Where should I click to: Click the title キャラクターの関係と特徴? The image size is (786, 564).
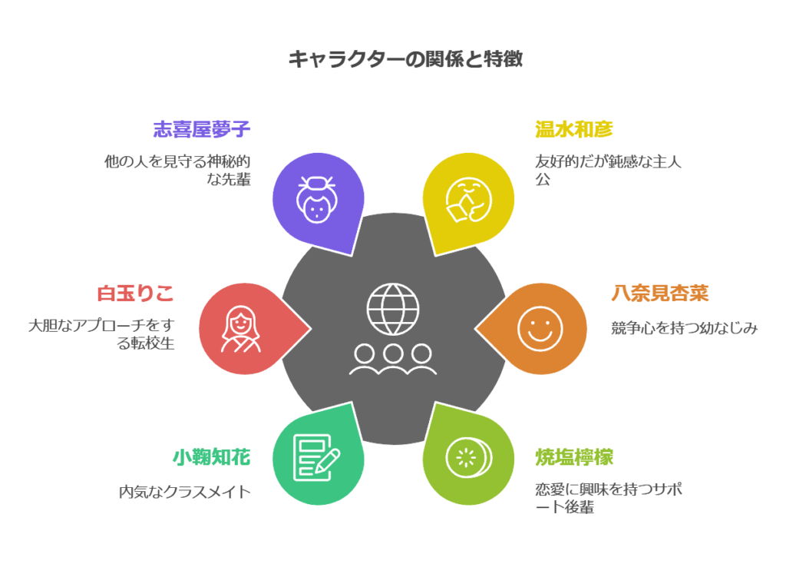coord(405,59)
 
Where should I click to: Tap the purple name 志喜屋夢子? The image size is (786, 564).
coord(202,129)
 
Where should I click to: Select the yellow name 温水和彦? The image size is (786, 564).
coord(574,129)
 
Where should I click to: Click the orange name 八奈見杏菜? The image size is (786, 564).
coord(659,293)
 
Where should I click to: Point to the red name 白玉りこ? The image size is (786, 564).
coord(135,293)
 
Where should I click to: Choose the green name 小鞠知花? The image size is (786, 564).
coord(212,457)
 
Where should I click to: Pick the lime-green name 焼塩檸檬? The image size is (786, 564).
coord(574,457)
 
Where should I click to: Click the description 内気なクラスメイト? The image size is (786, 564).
coord(184,492)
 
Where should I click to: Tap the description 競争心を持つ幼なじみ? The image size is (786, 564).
coord(684,328)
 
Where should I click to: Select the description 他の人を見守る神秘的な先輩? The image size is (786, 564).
coord(177,170)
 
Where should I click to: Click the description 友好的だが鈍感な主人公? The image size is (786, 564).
coord(608,170)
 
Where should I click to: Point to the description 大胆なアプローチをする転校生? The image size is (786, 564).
coord(101,334)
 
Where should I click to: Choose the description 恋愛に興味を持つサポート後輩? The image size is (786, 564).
coord(609,498)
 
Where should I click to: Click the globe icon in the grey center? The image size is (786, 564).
coord(393,309)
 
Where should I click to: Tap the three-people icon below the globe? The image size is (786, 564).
coord(393,360)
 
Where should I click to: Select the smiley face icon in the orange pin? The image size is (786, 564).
coord(540,329)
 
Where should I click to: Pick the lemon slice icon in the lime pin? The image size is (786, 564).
coord(469,459)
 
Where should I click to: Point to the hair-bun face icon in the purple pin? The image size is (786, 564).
coord(317,199)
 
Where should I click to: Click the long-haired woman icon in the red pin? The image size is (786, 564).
coord(240,329)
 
